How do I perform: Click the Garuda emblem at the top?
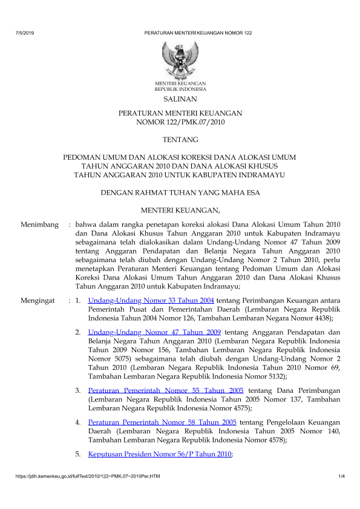[180, 59]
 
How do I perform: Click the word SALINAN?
[180, 99]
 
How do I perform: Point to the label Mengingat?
[38, 300]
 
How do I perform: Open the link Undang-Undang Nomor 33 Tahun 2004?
[151, 300]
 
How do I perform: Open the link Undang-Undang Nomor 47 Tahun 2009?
[154, 332]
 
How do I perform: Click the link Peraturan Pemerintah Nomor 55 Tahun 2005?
[166, 390]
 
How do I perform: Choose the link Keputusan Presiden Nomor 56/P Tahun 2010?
[160, 454]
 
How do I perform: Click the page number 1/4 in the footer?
[341, 479]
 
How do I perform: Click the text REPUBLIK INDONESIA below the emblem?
[180, 88]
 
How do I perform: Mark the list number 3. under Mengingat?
[79, 390]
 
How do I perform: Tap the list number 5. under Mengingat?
[79, 454]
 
